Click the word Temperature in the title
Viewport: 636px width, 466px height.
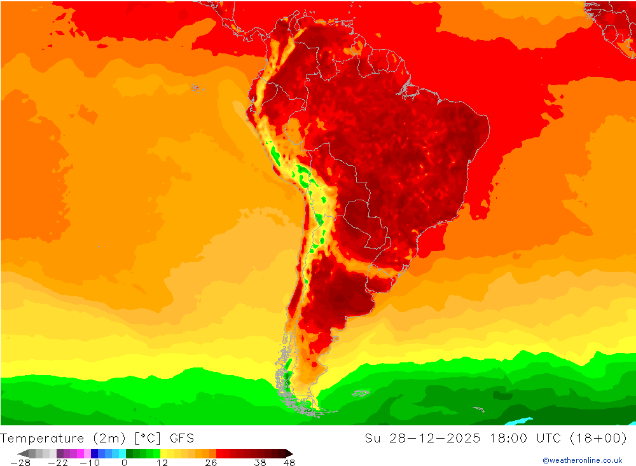coord(43,438)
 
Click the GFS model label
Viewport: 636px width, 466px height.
coord(182,438)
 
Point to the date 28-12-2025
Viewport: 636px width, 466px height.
coord(432,438)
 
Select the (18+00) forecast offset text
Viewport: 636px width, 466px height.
coord(602,438)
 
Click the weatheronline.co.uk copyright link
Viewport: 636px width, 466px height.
coord(582,460)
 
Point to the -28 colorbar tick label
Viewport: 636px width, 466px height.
coord(20,463)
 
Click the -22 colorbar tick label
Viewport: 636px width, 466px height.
coord(58,463)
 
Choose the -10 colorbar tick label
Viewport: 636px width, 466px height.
coord(89,463)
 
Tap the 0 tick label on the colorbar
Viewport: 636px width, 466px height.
coord(124,463)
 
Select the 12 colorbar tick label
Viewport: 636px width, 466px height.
coord(162,463)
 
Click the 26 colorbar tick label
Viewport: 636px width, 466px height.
coord(211,463)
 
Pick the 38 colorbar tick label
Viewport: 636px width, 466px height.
coord(259,463)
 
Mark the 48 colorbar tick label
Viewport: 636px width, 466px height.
coord(289,463)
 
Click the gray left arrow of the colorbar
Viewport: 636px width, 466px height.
coord(22,453)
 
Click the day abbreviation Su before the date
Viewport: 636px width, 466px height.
coord(372,438)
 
